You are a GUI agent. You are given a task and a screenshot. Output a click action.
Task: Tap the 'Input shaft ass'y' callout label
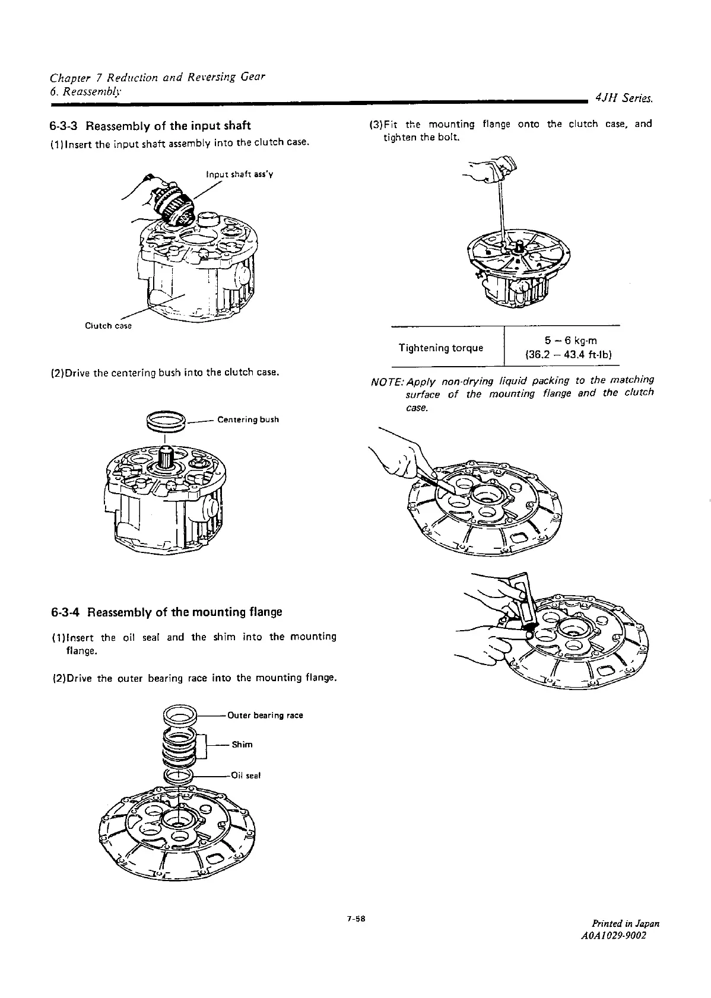(239, 174)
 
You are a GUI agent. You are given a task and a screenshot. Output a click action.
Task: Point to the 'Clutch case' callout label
(109, 326)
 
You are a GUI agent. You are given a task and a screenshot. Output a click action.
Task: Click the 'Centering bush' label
(248, 419)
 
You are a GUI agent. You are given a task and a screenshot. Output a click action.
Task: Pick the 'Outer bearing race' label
(265, 715)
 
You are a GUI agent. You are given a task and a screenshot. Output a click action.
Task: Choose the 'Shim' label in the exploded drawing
(242, 745)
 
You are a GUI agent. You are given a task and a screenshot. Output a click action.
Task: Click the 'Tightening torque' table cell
(440, 347)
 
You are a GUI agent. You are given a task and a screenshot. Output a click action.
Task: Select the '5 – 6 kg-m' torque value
(570, 341)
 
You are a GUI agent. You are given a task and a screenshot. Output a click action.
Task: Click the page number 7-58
(355, 919)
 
